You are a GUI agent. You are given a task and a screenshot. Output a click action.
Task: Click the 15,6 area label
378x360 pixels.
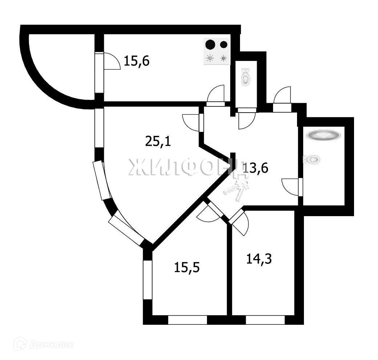[137, 61]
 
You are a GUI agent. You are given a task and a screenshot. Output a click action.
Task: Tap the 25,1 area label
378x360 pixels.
[158, 141]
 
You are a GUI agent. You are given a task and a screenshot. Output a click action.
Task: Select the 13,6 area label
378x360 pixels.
[256, 169]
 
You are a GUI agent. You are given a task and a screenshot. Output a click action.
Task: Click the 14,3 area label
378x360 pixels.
[259, 259]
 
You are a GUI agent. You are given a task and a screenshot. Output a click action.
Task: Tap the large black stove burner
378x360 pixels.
[210, 45]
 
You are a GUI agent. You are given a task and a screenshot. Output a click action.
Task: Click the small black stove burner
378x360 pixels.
[224, 45]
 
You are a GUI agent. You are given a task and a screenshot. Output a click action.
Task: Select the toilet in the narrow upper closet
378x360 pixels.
[246, 77]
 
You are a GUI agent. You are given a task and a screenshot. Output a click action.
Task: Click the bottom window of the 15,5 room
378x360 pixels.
[187, 320]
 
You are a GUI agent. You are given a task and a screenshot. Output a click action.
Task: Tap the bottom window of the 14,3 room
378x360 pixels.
[265, 320]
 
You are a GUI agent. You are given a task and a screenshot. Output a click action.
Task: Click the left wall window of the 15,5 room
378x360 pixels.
[147, 280]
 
